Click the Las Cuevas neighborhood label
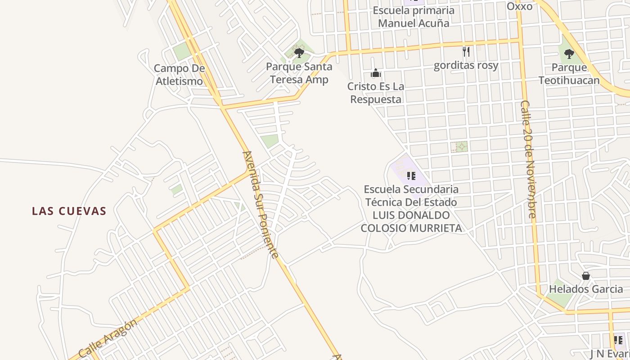tap(69, 211)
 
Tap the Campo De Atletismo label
tap(179, 75)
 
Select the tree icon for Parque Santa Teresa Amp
tap(299, 53)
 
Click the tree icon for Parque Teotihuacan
tap(569, 54)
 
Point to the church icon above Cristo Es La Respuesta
tap(376, 73)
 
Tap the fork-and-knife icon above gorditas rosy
tap(466, 52)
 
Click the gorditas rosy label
tap(466, 66)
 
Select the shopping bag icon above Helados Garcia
tap(586, 276)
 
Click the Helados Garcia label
tap(586, 289)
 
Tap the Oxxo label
tap(519, 6)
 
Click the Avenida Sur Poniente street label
tap(260, 205)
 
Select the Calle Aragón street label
tap(108, 338)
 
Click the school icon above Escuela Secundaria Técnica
tap(410, 175)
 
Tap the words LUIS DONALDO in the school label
tap(411, 215)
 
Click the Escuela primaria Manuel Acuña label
tap(414, 17)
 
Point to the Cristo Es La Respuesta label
tap(376, 93)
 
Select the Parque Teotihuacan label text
tap(569, 74)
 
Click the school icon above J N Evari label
tap(618, 340)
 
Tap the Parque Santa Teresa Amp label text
tap(299, 73)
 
